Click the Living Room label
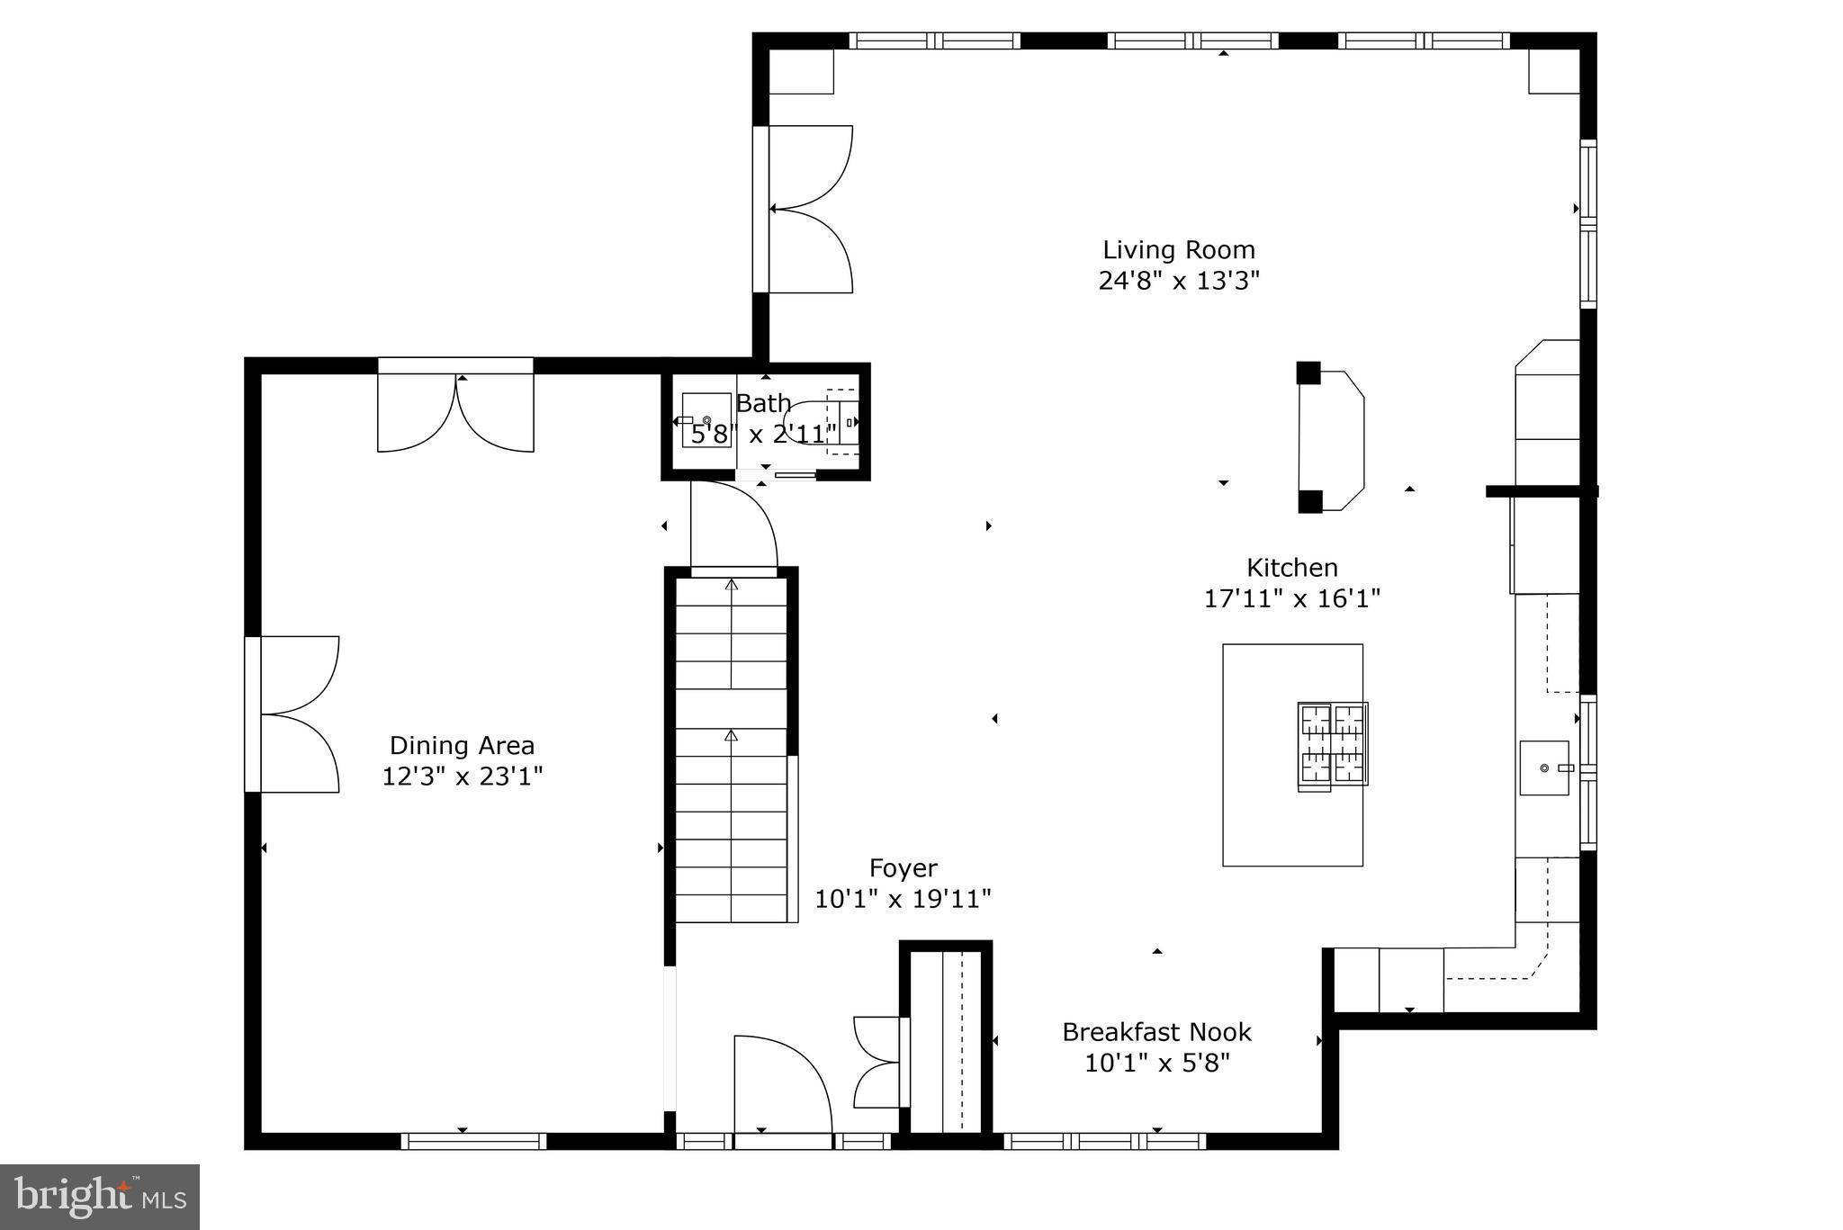[x=1178, y=250]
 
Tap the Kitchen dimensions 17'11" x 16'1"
[x=1292, y=598]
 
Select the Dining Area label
[x=462, y=745]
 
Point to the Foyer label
[x=903, y=868]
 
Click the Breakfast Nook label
[x=1156, y=1032]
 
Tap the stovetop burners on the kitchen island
[x=1332, y=743]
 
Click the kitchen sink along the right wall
[x=1544, y=768]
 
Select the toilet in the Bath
[x=814, y=421]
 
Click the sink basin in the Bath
[x=706, y=420]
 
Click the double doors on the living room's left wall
[x=805, y=209]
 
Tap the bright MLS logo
[x=100, y=1197]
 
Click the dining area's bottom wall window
[x=473, y=1141]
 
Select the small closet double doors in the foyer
[x=878, y=1063]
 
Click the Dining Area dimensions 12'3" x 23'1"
[x=462, y=776]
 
